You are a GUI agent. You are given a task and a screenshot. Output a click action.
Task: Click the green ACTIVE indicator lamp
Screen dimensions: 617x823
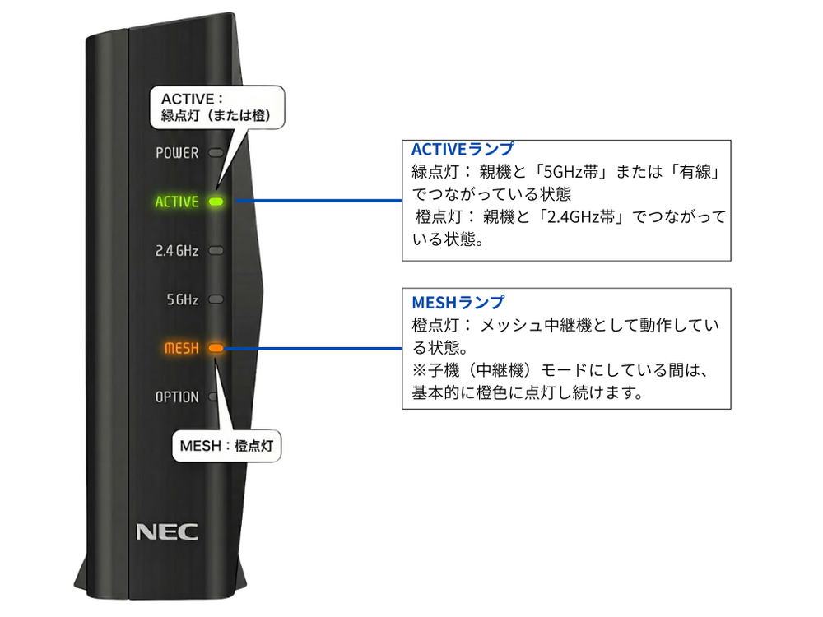click(216, 202)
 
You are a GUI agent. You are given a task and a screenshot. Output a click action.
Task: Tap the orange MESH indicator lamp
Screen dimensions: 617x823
click(216, 348)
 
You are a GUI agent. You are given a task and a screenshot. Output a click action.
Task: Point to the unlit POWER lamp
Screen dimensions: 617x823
click(216, 153)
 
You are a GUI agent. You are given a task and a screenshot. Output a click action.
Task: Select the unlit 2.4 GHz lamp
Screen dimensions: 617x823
click(216, 250)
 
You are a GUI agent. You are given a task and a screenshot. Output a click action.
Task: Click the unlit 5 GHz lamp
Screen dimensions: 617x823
click(216, 299)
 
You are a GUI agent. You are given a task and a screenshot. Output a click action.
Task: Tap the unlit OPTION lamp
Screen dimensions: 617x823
click(214, 397)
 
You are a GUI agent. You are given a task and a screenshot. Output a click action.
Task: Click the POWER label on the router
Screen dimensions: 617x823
click(177, 153)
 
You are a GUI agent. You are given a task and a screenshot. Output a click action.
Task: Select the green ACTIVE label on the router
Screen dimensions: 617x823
click(176, 202)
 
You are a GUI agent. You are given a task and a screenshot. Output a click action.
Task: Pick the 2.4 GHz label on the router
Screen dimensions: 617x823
click(177, 251)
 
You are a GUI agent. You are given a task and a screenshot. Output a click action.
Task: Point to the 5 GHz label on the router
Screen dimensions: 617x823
click(183, 299)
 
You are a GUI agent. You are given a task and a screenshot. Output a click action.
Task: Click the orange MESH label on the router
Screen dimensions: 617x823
click(181, 348)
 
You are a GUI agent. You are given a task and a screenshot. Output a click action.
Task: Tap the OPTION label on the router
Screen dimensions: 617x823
click(177, 397)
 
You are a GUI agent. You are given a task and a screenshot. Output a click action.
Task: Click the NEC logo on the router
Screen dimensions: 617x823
click(166, 531)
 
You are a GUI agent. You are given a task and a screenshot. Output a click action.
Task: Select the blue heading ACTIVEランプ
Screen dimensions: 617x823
click(463, 150)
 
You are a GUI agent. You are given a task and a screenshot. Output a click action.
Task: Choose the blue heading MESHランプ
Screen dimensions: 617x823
click(458, 302)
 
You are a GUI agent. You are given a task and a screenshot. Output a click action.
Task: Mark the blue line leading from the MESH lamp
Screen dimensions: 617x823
click(313, 348)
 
